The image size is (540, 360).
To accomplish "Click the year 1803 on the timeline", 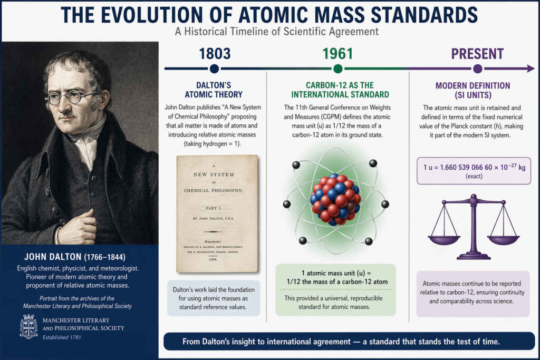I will coord(214,54).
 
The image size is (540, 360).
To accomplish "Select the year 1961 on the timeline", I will coord(338,54).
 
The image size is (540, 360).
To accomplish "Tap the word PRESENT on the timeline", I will coord(478,54).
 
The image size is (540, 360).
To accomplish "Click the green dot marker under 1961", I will coord(338,69).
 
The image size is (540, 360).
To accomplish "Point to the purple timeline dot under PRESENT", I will coord(478,69).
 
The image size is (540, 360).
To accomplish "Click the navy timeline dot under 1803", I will coord(214,69).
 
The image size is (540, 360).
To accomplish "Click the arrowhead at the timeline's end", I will coord(530,69).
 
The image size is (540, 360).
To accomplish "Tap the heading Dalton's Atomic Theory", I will coord(214,90).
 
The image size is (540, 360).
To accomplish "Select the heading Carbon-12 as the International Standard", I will coord(338,90).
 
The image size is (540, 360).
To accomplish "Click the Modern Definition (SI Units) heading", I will coord(472,90).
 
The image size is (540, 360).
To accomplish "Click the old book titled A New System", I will coord(217,213).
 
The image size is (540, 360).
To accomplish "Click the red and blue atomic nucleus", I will coord(336,199).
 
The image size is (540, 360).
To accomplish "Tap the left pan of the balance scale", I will coord(443,239).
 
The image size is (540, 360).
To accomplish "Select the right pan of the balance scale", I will coord(503,239).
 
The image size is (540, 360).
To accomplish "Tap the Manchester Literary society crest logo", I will coord(28,326).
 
